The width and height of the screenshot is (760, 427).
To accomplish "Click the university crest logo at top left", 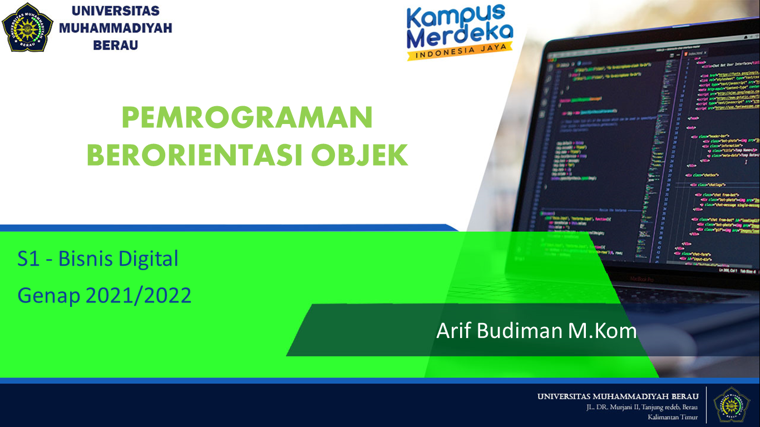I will (x=27, y=27).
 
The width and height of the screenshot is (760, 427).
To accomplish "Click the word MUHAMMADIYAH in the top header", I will (x=115, y=28).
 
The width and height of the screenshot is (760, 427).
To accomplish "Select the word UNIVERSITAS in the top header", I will (x=115, y=11).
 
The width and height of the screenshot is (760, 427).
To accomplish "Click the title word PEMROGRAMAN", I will (x=247, y=118).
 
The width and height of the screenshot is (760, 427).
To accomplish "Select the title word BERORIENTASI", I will (x=198, y=156).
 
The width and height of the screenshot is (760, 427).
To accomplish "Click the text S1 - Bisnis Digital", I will (x=98, y=259).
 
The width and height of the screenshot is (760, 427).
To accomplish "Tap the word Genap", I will (x=49, y=296).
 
